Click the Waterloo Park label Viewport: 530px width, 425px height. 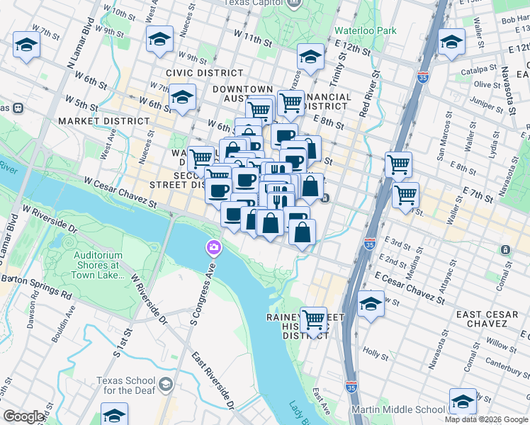[366, 31]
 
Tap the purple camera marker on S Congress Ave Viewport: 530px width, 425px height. [213, 248]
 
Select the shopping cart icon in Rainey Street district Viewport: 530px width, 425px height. [313, 320]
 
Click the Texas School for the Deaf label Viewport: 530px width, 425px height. [124, 385]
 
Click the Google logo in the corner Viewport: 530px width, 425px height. [23, 416]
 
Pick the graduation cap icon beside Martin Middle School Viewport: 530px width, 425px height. [463, 402]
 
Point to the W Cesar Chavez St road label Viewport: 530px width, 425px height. [120, 192]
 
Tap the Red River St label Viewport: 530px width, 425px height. [365, 98]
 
